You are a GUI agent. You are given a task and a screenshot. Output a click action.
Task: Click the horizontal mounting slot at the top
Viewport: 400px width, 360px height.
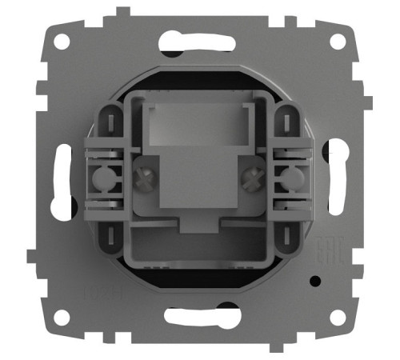(x=200, y=40)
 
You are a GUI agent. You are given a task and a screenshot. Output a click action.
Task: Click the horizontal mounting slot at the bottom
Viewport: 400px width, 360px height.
(x=200, y=315)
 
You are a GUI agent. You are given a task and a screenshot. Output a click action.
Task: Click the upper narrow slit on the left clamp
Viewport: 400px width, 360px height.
(x=109, y=120)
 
